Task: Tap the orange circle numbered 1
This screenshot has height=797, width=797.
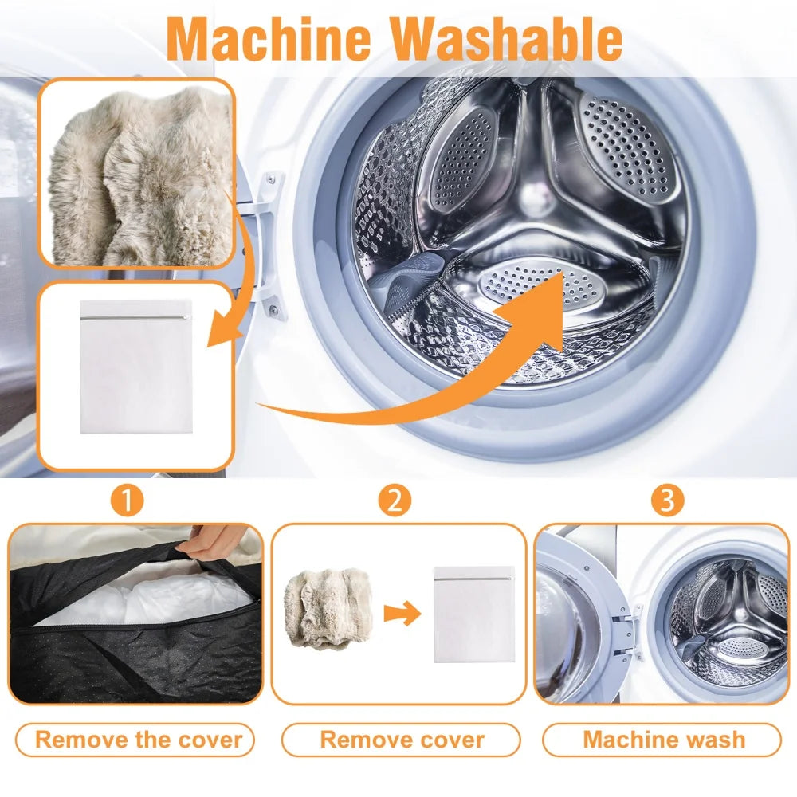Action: point(128,500)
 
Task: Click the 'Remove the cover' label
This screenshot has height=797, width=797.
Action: point(138,739)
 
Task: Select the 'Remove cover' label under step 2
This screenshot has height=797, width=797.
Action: point(402,739)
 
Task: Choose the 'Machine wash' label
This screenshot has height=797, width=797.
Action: point(664,739)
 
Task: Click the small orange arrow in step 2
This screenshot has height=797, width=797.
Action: point(401,614)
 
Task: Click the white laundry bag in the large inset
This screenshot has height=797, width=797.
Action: point(135,375)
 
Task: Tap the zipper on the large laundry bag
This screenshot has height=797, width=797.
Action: point(135,317)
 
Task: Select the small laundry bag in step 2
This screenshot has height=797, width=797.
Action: point(473,614)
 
